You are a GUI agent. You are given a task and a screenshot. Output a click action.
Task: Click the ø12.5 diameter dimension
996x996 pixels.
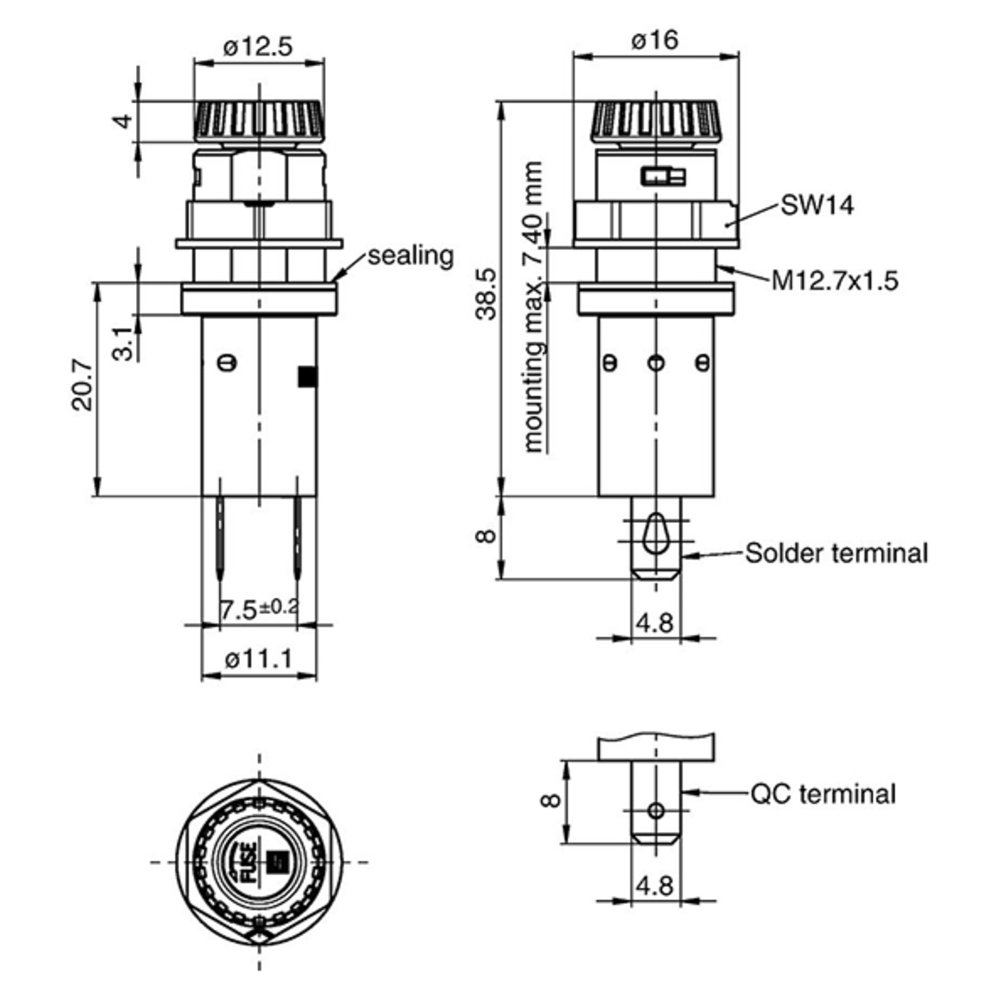click(x=258, y=47)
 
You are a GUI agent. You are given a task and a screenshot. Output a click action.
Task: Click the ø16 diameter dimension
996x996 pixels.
click(x=655, y=40)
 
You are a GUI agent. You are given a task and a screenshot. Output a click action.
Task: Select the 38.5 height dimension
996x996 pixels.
click(x=486, y=293)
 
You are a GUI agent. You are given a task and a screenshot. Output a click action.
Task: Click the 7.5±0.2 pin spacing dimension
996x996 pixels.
click(x=259, y=609)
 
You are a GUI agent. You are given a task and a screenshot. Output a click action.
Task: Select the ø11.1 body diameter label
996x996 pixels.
click(x=259, y=659)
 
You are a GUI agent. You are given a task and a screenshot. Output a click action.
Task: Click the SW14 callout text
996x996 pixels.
click(x=817, y=205)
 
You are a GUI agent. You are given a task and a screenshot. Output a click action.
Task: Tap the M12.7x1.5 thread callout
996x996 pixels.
click(x=835, y=281)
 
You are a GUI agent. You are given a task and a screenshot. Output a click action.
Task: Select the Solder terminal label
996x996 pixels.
click(x=836, y=553)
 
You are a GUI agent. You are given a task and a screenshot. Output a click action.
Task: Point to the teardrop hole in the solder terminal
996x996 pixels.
click(x=655, y=534)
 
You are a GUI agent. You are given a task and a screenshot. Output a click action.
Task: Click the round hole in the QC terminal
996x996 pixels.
click(x=656, y=811)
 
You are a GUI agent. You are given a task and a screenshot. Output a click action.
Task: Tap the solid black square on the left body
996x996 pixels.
click(x=307, y=376)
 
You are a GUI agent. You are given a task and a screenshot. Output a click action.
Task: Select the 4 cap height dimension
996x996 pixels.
click(x=124, y=122)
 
